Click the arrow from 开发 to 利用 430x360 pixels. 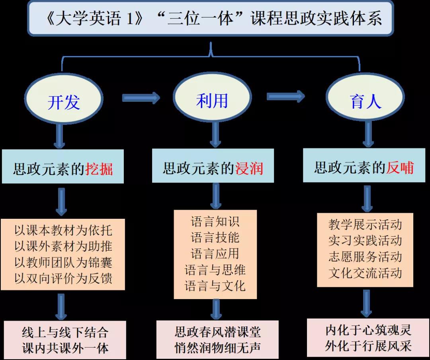141,97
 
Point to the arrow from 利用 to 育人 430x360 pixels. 285,96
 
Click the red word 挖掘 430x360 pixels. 99,169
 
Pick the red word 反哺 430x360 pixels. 400,167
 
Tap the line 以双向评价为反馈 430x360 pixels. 63,278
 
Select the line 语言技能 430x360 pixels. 215,237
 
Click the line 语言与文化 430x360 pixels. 215,286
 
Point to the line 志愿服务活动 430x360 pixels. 365,257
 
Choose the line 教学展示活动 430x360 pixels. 365,225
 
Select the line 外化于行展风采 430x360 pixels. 368,346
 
